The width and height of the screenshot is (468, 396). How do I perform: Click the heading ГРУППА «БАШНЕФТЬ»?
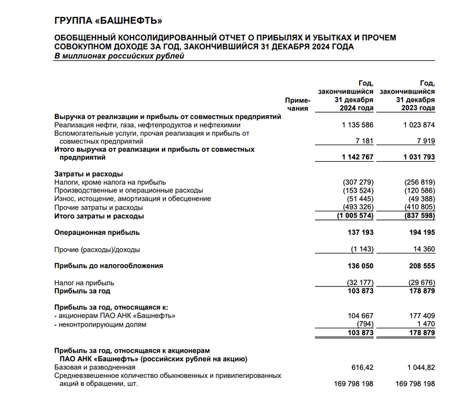(108, 21)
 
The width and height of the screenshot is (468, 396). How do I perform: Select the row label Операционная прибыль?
(97, 232)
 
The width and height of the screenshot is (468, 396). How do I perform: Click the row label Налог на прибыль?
(84, 283)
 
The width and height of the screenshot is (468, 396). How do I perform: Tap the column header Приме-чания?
(298, 103)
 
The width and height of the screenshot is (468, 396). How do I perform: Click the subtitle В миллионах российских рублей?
(119, 56)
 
